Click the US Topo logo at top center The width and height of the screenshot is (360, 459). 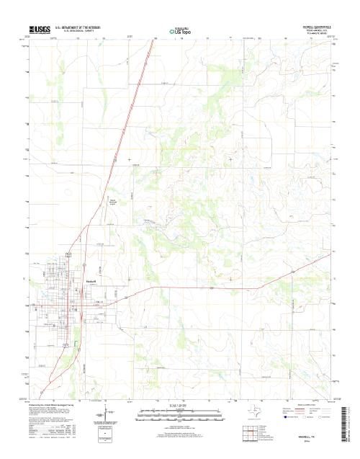pyautogui.click(x=180, y=32)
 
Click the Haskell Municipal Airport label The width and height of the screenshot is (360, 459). pyautogui.click(x=113, y=202)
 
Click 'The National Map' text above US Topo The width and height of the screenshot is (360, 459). pyautogui.click(x=180, y=27)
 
